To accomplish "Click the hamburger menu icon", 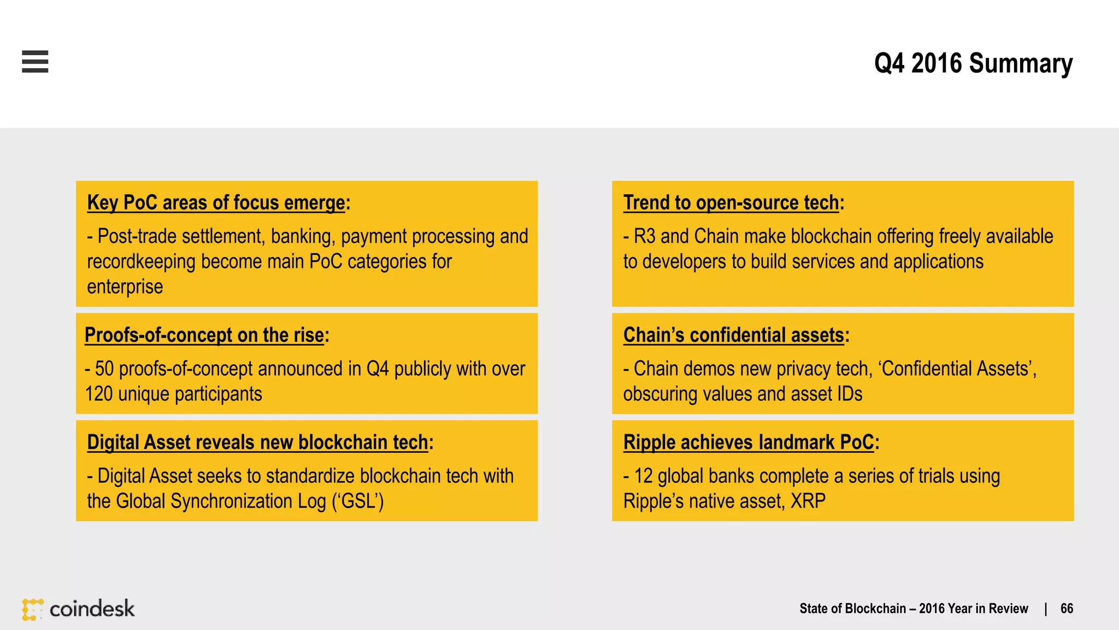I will tap(35, 61).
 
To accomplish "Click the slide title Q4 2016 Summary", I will tap(973, 63).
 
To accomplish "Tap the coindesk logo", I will tap(79, 609).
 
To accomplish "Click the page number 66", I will tap(1067, 609).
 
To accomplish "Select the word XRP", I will tap(808, 501).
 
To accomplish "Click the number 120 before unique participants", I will tap(98, 394).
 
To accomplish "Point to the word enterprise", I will tap(125, 287).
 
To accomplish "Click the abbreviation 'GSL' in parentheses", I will tap(358, 501).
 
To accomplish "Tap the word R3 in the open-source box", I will tap(644, 236).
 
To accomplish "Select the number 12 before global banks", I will tap(643, 476).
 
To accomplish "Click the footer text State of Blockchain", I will tap(852, 609).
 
